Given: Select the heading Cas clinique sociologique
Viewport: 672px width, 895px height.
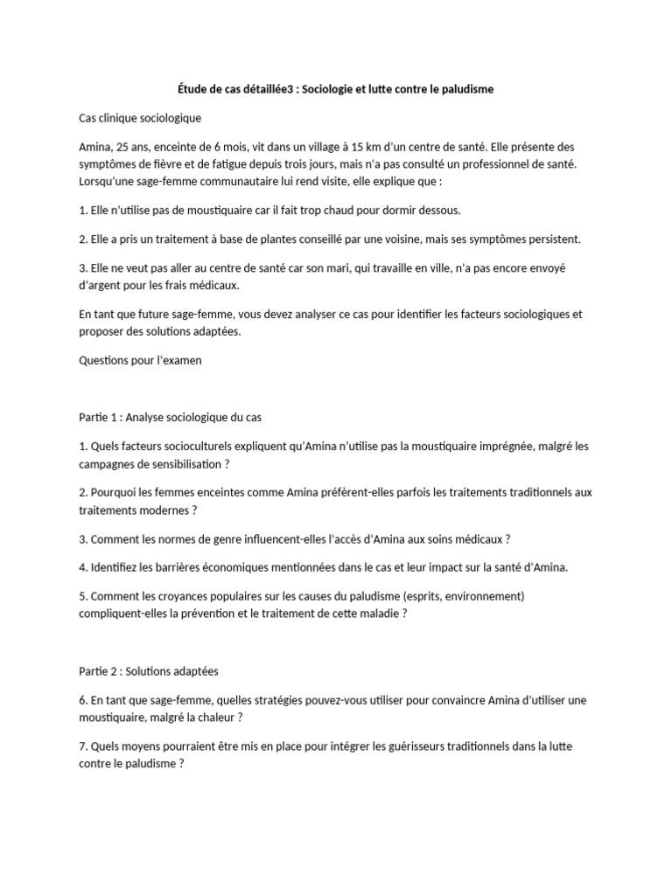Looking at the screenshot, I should (x=140, y=118).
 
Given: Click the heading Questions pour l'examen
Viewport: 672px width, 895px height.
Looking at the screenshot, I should (x=140, y=359).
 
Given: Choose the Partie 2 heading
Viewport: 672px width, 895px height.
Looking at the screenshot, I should (x=148, y=671).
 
